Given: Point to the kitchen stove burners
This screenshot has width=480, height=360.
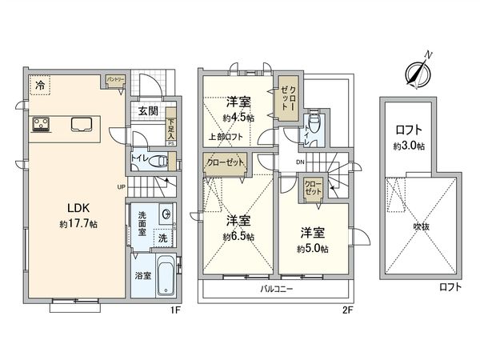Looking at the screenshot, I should click(x=42, y=124).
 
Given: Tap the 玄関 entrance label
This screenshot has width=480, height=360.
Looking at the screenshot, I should click(x=146, y=111).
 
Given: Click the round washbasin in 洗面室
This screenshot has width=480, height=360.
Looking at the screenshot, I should click(x=165, y=214).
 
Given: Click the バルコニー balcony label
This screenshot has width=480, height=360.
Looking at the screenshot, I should click(x=278, y=288).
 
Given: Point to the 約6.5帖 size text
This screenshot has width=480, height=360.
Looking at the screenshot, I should click(x=238, y=238).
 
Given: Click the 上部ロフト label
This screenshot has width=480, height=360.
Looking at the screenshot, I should click(x=226, y=135).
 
